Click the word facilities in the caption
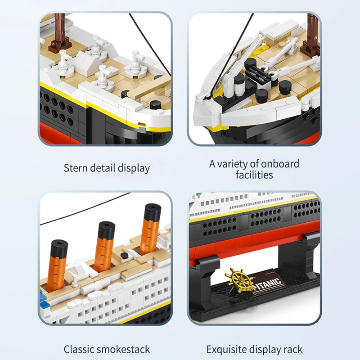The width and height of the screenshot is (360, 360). click(x=254, y=175)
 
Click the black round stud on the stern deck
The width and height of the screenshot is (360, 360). click(x=156, y=105)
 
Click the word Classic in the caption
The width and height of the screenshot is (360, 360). click(x=78, y=349)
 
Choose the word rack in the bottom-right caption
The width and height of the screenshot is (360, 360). click(x=292, y=349)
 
